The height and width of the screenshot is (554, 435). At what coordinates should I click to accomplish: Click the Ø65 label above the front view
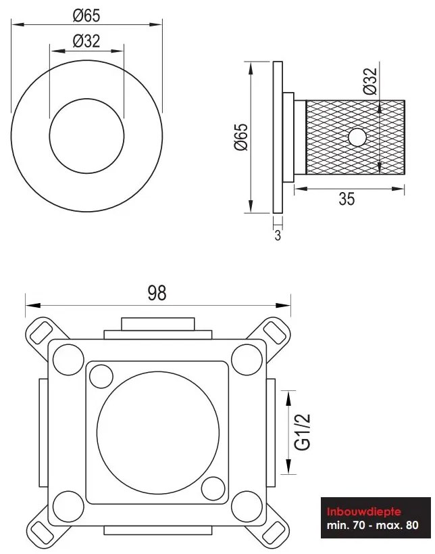click(x=86, y=16)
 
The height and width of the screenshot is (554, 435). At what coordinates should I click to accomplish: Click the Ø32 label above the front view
click(x=86, y=41)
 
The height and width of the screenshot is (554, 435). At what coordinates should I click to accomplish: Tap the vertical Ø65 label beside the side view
click(x=241, y=137)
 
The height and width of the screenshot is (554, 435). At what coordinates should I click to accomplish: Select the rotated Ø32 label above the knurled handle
click(x=370, y=81)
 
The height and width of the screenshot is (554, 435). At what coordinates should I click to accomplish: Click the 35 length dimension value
click(x=347, y=199)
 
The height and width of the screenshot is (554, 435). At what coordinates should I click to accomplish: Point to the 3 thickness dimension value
click(x=278, y=235)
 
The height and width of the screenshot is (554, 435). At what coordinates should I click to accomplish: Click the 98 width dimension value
click(x=157, y=293)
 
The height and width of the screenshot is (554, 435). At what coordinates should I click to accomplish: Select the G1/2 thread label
click(x=303, y=432)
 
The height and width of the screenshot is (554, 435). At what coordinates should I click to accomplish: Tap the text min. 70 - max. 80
click(x=373, y=525)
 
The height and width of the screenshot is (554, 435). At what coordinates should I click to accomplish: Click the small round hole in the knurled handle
click(x=358, y=137)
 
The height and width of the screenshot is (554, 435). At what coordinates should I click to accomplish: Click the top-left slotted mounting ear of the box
click(x=42, y=333)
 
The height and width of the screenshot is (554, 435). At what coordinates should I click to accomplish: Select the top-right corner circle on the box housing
click(x=247, y=360)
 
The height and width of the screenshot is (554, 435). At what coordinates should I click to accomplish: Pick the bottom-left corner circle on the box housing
click(x=68, y=507)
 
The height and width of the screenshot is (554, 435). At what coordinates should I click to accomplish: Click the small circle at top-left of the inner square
click(x=101, y=377)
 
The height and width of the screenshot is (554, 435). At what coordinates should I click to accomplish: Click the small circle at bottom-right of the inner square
click(x=213, y=488)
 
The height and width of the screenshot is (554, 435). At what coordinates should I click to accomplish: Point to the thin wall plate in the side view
click(x=278, y=137)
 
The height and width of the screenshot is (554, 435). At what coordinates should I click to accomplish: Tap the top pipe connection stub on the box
click(x=157, y=328)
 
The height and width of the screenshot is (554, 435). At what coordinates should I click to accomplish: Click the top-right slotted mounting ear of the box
click(x=273, y=333)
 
